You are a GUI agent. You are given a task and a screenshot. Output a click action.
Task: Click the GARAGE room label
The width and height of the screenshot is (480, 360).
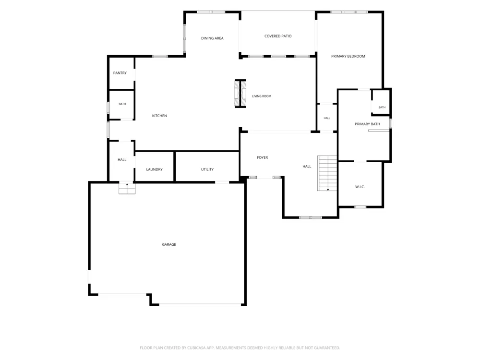click(x=168, y=244)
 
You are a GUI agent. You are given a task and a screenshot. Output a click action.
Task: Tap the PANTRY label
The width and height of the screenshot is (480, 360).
click(x=120, y=73)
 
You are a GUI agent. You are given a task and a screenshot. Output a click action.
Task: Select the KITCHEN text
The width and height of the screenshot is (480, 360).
click(x=159, y=116)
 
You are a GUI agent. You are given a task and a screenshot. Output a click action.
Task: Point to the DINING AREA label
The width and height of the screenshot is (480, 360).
click(x=212, y=38)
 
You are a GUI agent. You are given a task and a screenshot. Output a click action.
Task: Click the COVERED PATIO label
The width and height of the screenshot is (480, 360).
click(x=278, y=36)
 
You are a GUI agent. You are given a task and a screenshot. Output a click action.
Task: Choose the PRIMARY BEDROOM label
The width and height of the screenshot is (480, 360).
click(x=348, y=56)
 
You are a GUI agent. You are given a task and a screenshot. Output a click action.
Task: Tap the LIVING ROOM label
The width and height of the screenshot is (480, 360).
click(x=262, y=96)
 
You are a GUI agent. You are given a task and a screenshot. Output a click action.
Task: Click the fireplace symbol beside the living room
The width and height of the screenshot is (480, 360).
click(x=240, y=94)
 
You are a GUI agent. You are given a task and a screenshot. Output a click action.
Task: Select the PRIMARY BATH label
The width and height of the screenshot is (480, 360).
click(x=367, y=124)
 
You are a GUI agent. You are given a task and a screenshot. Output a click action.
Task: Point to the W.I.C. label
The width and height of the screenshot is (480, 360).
click(x=360, y=187)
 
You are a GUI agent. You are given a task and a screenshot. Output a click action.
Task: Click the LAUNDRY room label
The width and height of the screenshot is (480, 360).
click(x=154, y=169)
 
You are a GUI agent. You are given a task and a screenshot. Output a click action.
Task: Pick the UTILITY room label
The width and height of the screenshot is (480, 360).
click(x=207, y=169)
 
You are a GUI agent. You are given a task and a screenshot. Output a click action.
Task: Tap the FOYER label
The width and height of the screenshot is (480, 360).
click(x=263, y=157)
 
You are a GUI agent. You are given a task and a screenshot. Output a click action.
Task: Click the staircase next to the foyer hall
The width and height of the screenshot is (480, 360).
click(x=327, y=173)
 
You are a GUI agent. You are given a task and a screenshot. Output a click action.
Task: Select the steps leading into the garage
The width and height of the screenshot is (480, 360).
click(x=127, y=188)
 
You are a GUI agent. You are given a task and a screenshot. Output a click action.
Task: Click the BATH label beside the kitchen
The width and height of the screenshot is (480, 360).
click(x=122, y=104)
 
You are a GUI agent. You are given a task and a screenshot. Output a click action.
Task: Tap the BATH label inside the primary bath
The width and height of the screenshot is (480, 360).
click(x=382, y=108)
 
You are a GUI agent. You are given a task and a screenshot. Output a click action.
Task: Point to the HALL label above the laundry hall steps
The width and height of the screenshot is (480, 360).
click(x=122, y=160)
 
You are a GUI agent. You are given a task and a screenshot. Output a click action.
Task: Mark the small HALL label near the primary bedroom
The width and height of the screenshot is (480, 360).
click(x=327, y=118)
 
